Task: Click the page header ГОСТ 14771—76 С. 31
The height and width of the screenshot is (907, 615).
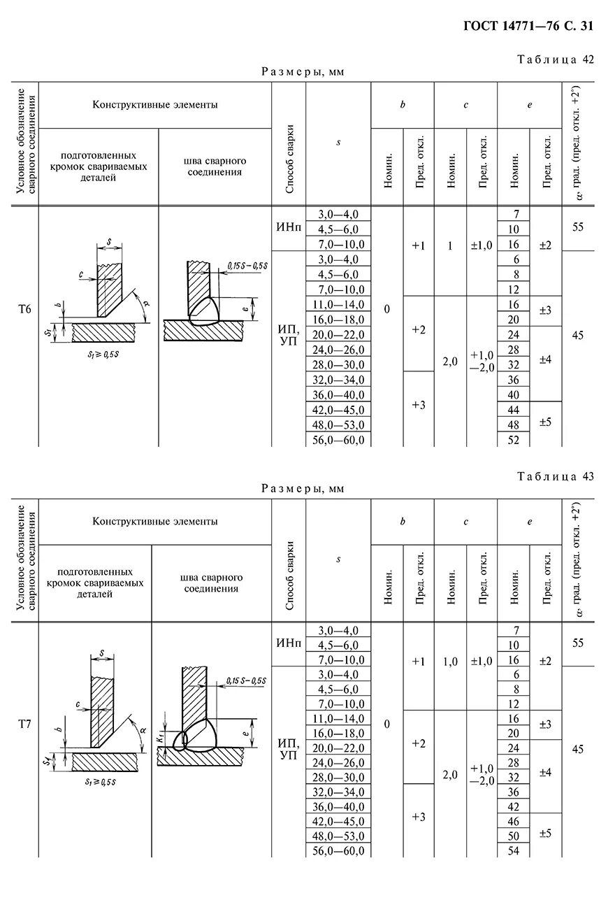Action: [528, 27]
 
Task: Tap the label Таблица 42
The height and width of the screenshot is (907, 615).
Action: [556, 59]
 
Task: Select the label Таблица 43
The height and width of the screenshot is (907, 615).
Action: [556, 476]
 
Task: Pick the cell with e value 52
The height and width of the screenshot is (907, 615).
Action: [514, 440]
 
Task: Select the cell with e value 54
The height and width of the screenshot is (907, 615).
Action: [514, 850]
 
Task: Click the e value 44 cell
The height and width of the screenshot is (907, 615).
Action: [514, 410]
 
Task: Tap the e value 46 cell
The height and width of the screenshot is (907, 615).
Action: [514, 821]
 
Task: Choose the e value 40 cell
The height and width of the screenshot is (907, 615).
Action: [514, 394]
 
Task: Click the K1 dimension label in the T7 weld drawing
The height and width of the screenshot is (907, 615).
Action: [161, 736]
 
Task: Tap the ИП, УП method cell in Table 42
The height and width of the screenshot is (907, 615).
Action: [288, 335]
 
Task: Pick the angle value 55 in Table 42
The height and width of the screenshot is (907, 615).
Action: [577, 228]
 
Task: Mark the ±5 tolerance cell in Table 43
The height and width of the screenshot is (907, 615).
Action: [546, 834]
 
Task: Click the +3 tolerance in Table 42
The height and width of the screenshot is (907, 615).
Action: [419, 405]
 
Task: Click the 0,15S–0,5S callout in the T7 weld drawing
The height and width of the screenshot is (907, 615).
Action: [247, 680]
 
